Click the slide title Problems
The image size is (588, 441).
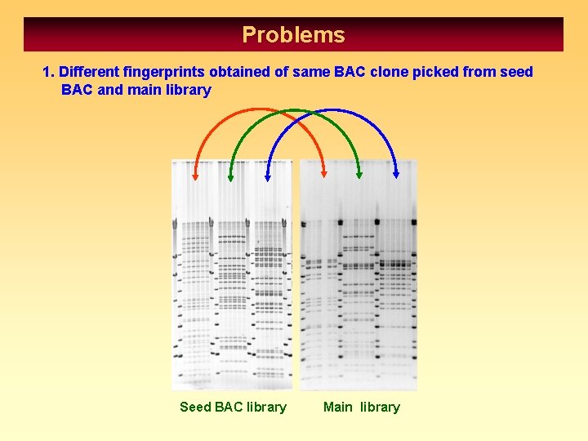coord(293,35)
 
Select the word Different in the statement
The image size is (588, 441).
coord(89,72)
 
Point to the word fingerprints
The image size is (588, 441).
coord(163,72)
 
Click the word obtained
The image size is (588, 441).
coord(239,72)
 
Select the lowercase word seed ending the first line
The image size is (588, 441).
coord(516,72)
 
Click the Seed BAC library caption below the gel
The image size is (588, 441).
coord(233,407)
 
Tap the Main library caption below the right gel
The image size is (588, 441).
coord(362,407)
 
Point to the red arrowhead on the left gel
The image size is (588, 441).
coord(196,174)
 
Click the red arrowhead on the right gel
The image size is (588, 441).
coord(324,172)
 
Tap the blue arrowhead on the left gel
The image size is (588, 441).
coord(267,174)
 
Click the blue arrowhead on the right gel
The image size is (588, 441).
coord(396,172)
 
